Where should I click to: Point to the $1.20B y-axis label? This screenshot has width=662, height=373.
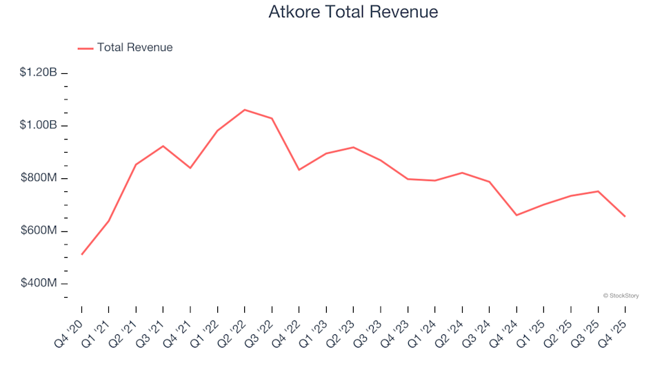[x=40, y=73]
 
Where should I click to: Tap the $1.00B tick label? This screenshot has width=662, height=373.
[x=40, y=126]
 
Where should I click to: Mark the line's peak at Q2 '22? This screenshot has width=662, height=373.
[x=245, y=110]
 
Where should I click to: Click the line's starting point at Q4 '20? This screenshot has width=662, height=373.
[x=81, y=255]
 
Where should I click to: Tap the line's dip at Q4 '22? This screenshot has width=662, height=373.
[x=299, y=169]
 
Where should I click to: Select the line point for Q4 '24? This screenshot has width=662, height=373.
[x=516, y=215]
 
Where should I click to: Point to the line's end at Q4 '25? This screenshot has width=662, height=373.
[x=625, y=217]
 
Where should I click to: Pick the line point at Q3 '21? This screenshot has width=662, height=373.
[x=163, y=146]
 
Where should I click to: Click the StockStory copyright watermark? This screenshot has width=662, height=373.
[x=621, y=296]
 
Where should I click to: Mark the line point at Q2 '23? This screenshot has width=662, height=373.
[x=354, y=147]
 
